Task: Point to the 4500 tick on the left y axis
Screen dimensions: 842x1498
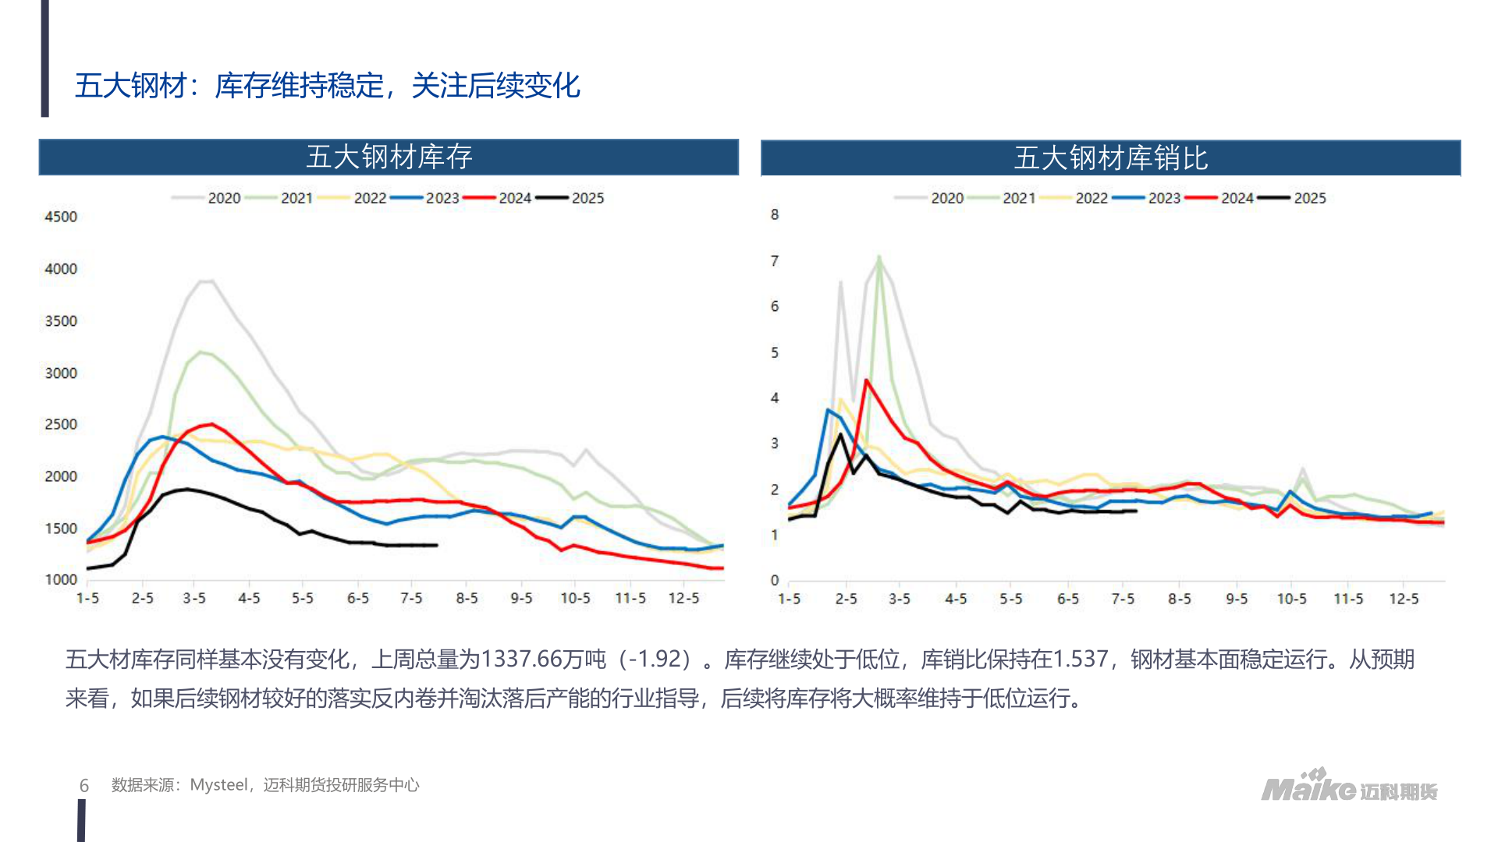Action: pos(61,217)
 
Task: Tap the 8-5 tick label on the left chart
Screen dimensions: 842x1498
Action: pos(467,598)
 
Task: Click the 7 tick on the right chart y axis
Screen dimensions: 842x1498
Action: pos(774,260)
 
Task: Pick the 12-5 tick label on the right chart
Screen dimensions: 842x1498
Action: pos(1403,599)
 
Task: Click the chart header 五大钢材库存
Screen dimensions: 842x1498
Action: pos(389,157)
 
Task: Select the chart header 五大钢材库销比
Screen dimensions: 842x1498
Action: pos(1110,158)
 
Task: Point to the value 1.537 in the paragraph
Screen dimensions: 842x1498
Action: pos(1080,660)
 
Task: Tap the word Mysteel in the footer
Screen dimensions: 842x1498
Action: pos(219,785)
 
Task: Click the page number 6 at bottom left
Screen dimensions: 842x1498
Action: pos(84,786)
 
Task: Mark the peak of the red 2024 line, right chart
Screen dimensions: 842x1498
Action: pos(866,380)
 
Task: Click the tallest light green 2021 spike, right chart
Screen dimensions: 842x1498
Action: pos(879,257)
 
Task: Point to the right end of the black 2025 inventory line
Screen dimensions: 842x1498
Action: pos(436,545)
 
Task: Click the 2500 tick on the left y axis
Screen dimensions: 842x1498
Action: pos(61,424)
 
